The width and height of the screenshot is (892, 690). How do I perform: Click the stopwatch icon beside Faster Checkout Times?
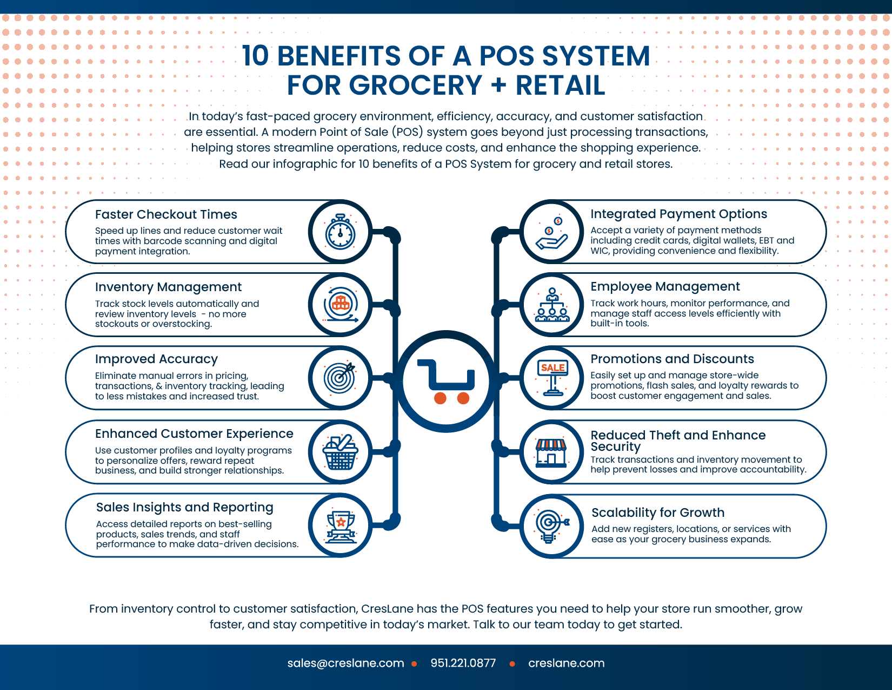pyautogui.click(x=340, y=232)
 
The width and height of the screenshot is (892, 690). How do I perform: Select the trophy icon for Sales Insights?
pyautogui.click(x=340, y=527)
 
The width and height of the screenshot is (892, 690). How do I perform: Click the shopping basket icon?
pyautogui.click(x=340, y=452)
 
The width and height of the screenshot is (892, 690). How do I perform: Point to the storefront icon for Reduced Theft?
pyautogui.click(x=551, y=453)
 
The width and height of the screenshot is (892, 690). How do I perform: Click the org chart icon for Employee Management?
pyautogui.click(x=552, y=305)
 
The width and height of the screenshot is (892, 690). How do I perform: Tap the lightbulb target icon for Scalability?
pyautogui.click(x=552, y=527)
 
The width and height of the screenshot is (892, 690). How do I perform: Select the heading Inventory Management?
pyautogui.click(x=168, y=287)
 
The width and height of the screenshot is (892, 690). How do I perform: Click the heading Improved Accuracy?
pyautogui.click(x=156, y=359)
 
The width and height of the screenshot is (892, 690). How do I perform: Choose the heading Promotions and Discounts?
pyautogui.click(x=672, y=359)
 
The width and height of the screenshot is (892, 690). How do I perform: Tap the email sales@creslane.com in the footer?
pyautogui.click(x=345, y=663)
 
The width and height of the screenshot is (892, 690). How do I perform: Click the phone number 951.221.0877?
pyautogui.click(x=463, y=663)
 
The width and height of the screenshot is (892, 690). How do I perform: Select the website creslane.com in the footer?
pyautogui.click(x=566, y=663)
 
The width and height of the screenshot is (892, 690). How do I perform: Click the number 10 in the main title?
pyautogui.click(x=255, y=56)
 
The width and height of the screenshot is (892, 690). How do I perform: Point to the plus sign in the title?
pyautogui.click(x=498, y=85)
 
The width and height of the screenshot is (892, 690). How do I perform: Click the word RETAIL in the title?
pyautogui.click(x=560, y=85)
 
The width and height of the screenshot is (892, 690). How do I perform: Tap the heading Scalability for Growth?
pyautogui.click(x=657, y=512)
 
